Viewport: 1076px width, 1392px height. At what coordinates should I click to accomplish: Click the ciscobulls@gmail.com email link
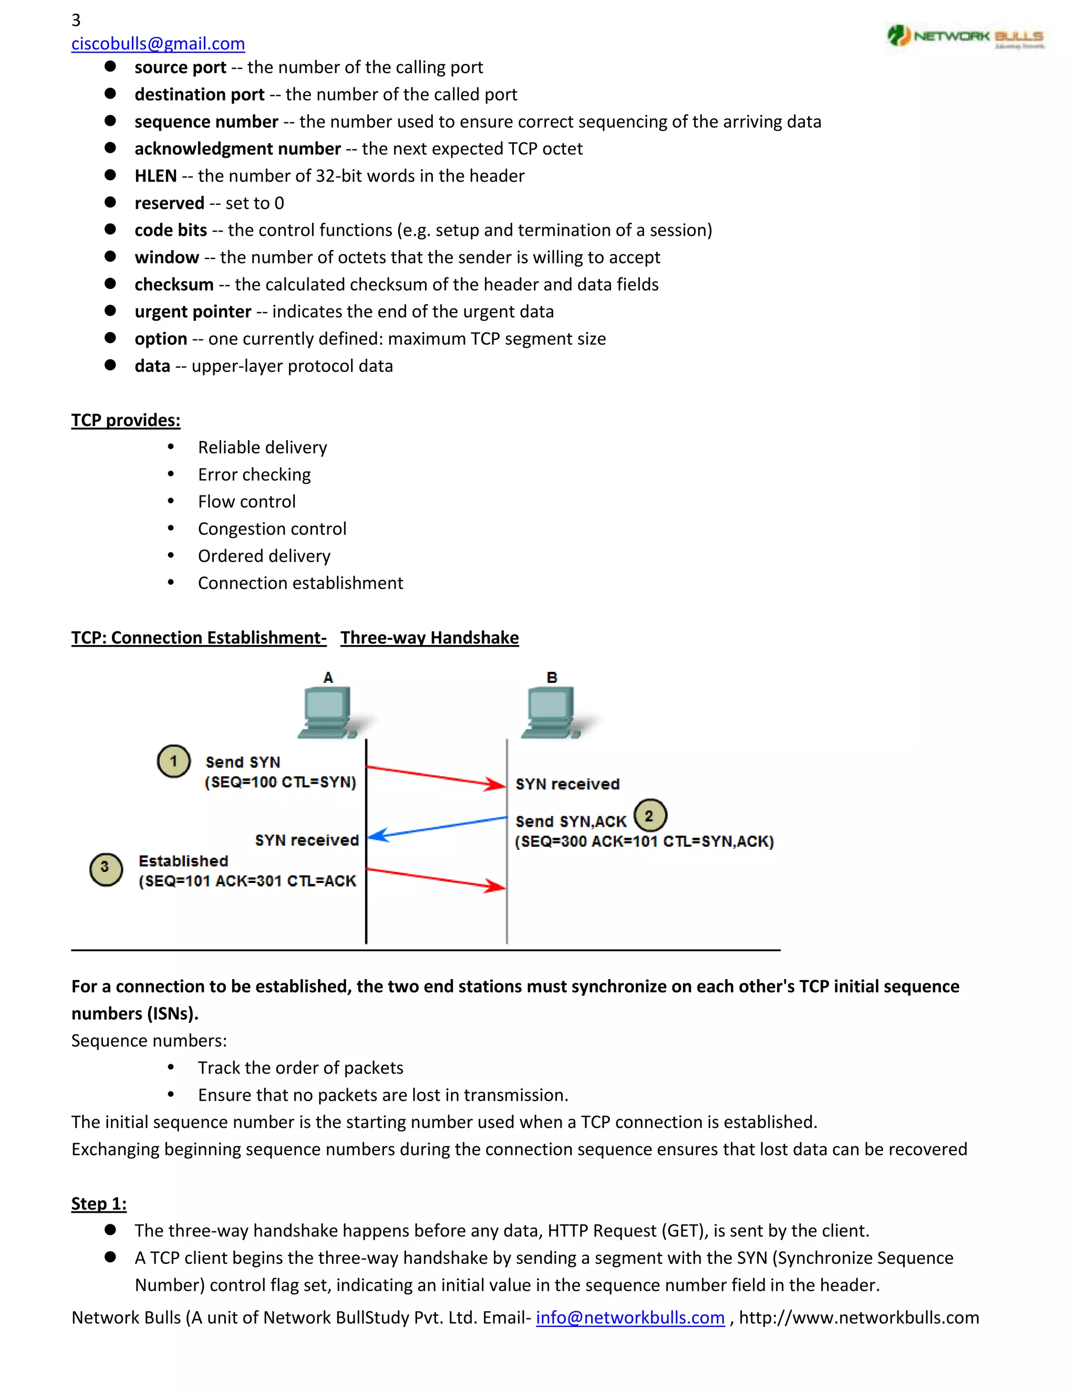point(158,44)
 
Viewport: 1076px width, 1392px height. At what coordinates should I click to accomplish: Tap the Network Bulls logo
point(965,36)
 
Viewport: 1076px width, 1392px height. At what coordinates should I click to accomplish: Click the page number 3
point(76,20)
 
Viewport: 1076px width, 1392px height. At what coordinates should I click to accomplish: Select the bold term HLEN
point(155,176)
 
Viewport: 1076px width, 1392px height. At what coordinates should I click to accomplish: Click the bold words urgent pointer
point(192,311)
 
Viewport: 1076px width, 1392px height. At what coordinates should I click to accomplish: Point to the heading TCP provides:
point(126,421)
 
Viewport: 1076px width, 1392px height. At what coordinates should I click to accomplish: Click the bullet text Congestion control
point(272,529)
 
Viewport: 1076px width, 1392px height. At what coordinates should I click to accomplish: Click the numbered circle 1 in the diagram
point(173,761)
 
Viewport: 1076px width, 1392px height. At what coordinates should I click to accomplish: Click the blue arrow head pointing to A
point(377,835)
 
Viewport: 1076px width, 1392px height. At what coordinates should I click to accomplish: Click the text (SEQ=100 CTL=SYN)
point(280,782)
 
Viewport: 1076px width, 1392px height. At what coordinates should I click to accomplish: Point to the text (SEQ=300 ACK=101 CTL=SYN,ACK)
point(644,842)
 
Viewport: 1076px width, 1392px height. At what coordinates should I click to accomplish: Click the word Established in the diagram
point(183,861)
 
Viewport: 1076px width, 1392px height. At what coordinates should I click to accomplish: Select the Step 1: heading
point(99,1204)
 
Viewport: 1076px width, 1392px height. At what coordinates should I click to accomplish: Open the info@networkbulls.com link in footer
point(630,1317)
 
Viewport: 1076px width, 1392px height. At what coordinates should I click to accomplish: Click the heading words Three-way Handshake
point(429,638)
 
